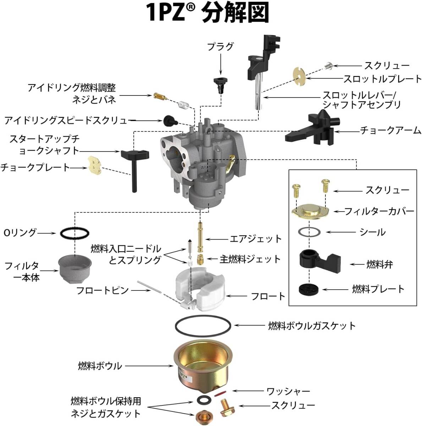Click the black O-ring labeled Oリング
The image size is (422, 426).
75,233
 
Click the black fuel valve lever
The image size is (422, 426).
320,262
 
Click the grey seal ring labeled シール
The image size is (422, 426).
309,232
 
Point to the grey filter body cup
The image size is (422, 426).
75,269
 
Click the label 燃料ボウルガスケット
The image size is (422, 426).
312,326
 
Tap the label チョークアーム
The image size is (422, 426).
390,130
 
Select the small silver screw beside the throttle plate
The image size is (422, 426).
329,65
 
